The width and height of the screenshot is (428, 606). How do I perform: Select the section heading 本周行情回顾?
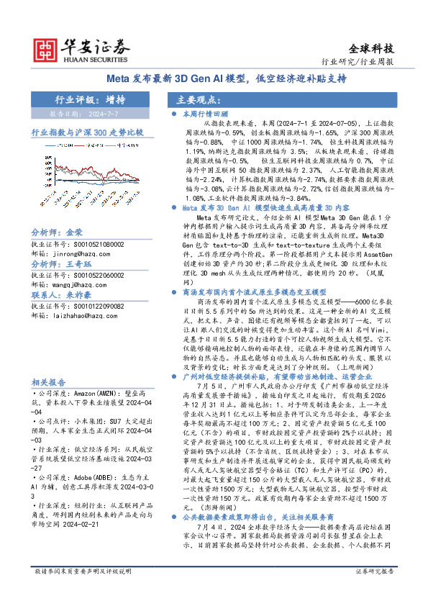(x=204, y=114)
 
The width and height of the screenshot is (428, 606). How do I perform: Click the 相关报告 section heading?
(x=49, y=383)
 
